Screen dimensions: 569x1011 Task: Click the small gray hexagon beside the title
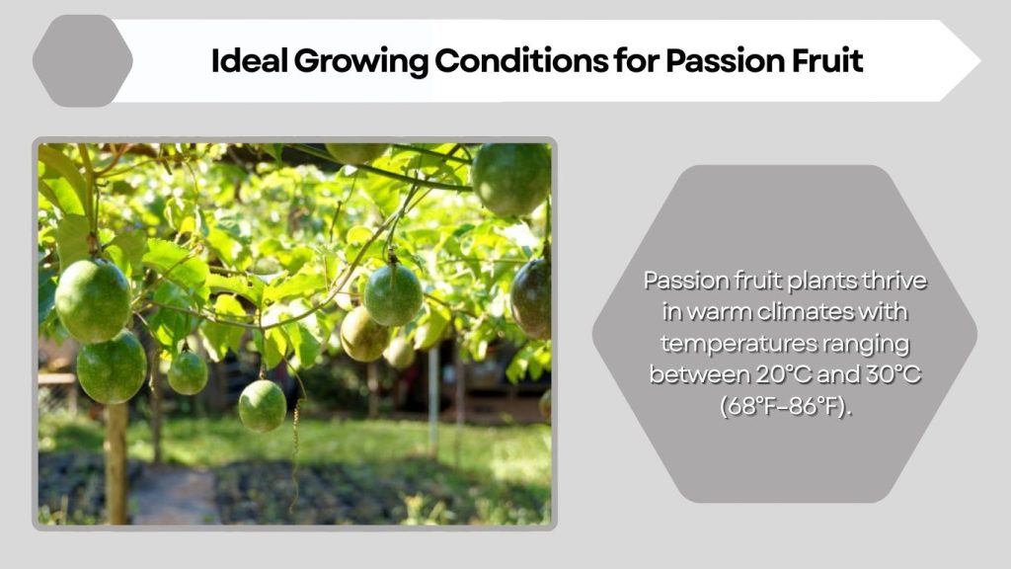click(x=82, y=60)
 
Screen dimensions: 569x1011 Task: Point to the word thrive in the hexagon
click(x=894, y=281)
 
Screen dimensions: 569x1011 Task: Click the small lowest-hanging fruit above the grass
click(x=263, y=405)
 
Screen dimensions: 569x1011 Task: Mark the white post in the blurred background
click(x=433, y=400)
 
